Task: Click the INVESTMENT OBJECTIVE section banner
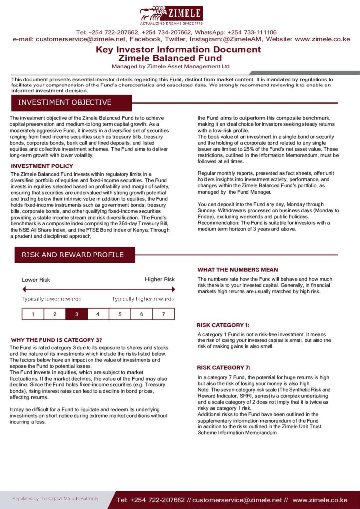tap(65, 103)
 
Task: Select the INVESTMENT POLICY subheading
tap(42, 166)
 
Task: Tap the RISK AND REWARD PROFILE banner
tap(73, 255)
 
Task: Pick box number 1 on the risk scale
tap(33, 314)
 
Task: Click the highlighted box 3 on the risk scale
tap(76, 314)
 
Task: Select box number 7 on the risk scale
tap(163, 314)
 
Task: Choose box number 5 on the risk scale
tap(120, 314)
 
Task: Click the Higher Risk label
tap(160, 279)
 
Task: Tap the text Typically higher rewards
tap(143, 299)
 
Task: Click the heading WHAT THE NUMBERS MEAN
tap(238, 270)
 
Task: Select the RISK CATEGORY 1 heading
tap(223, 325)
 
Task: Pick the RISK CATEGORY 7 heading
tap(224, 368)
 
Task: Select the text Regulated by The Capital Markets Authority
tap(56, 498)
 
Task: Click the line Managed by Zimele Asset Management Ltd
tap(171, 66)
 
